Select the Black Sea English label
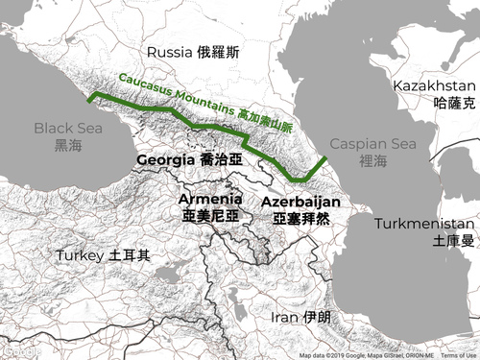click(66, 128)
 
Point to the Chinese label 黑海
click(68, 145)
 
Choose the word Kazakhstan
click(434, 86)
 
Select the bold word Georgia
click(166, 159)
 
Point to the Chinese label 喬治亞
click(222, 159)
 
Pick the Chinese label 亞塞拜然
click(300, 220)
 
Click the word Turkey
click(80, 256)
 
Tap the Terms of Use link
click(459, 355)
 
